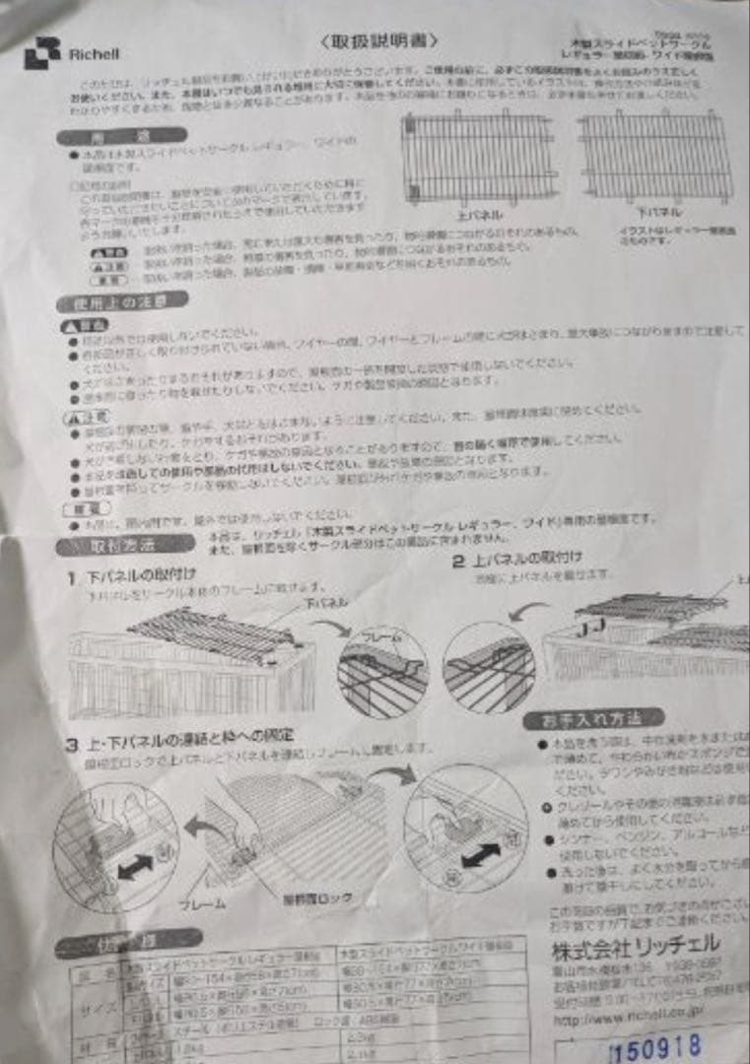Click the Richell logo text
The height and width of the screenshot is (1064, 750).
[92, 55]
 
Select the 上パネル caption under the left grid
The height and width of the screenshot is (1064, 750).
[480, 213]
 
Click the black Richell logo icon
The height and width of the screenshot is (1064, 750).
[41, 53]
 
